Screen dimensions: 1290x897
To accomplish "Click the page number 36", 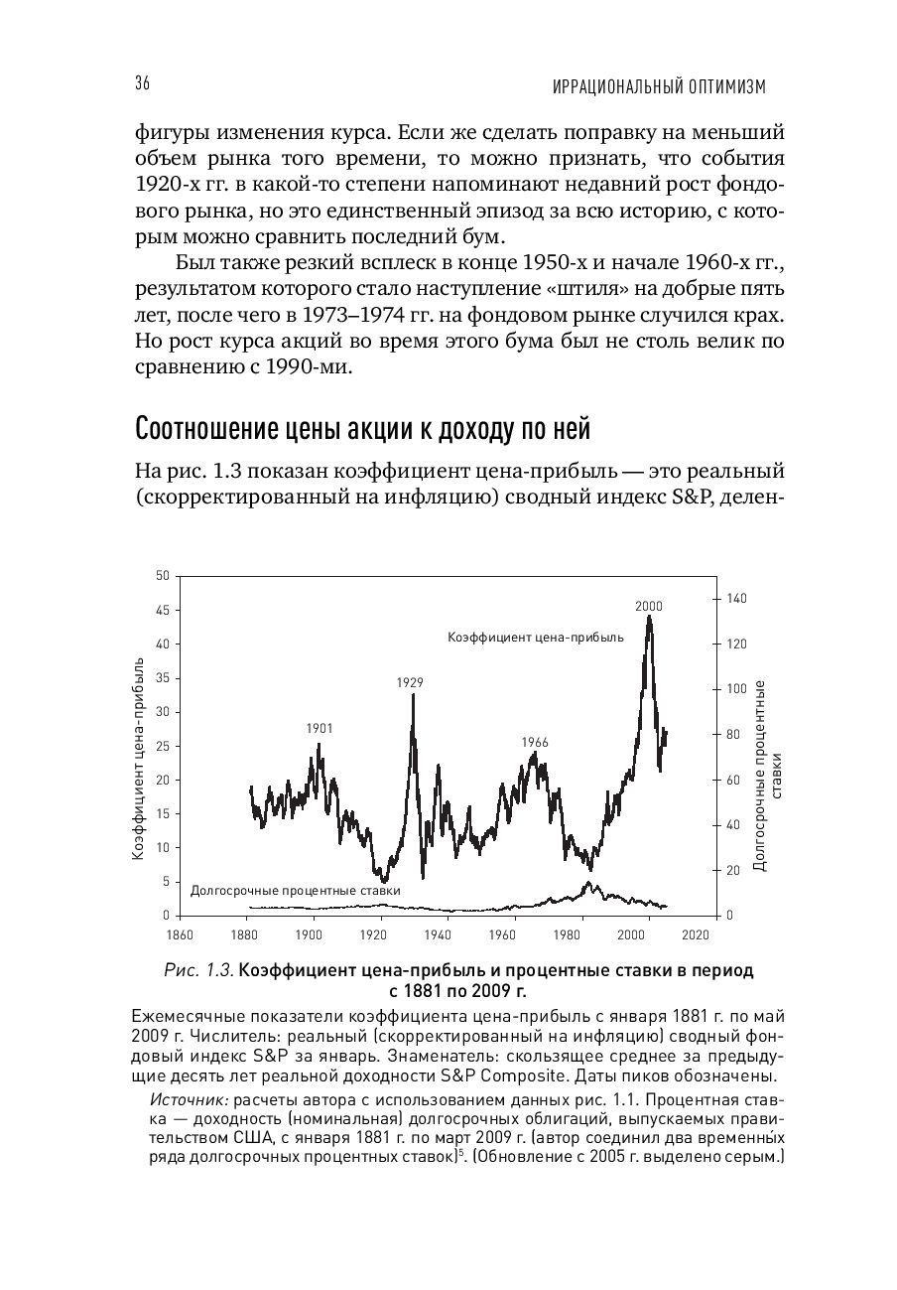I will coord(142,85).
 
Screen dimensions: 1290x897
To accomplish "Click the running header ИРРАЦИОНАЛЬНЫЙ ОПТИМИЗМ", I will coord(659,88).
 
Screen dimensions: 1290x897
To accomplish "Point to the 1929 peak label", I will coord(410,682).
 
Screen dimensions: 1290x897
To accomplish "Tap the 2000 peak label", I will coord(648,606).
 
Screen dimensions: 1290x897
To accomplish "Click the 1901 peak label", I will coord(319,728).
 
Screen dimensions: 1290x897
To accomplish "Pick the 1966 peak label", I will coord(534,742).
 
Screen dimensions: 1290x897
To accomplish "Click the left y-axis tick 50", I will coord(163,576).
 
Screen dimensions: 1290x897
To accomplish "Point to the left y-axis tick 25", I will coord(163,746).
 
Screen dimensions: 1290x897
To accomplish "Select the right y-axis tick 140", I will coord(735,599).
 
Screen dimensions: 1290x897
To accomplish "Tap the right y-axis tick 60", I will coord(732,780).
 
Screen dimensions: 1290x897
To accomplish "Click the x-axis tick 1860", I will coord(179,934).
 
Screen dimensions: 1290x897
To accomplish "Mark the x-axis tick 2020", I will coord(695,934).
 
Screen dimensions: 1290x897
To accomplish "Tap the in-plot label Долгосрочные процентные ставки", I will coord(295,891).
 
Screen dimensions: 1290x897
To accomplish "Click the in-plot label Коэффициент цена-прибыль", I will coord(535,637).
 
